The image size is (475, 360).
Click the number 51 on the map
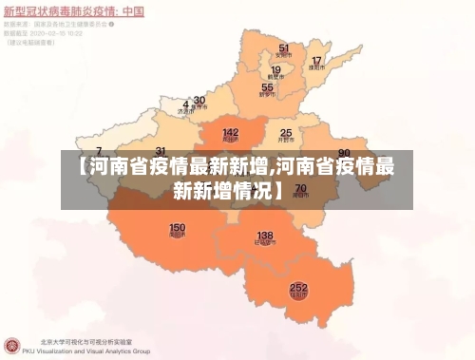[283, 47]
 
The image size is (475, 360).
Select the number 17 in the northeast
[316, 61]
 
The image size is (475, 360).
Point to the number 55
[267, 87]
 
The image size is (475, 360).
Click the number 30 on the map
[199, 100]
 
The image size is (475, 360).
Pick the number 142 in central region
[230, 133]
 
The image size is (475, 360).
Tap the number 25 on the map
[285, 133]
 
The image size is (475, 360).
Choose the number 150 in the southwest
[178, 228]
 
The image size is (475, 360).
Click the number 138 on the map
[265, 235]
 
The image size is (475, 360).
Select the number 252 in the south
[298, 287]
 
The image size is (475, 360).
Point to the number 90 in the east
[344, 153]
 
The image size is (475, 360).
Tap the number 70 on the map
[300, 189]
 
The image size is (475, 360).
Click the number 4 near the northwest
[185, 104]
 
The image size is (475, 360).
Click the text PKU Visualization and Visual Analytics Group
[95, 351]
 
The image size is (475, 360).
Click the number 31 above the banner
[161, 152]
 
